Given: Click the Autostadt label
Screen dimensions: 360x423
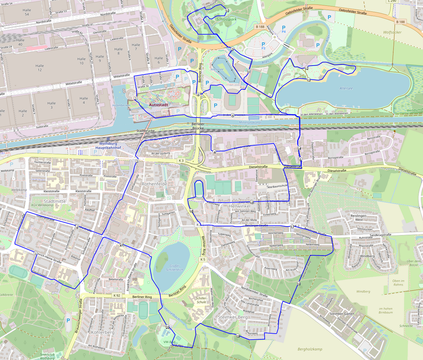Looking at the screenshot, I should (x=158, y=105).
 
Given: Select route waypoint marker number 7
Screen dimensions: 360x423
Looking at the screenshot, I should (x=136, y=98).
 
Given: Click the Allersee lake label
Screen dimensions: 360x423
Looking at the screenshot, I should (x=346, y=88).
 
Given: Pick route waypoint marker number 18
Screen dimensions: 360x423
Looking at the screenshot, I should (x=299, y=284).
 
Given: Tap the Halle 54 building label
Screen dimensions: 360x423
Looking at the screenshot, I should (x=26, y=12).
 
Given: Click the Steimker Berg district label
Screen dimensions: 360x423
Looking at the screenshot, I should (x=232, y=317).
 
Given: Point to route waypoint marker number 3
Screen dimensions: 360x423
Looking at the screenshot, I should (x=137, y=161).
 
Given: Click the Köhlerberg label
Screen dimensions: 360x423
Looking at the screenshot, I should (x=102, y=332).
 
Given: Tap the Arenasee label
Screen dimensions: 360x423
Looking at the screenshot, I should (x=217, y=69).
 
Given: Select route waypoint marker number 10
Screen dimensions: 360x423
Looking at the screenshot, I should (x=227, y=11).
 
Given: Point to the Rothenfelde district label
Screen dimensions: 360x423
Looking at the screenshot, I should (x=154, y=184).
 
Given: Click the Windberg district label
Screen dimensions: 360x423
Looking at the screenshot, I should (x=367, y=256).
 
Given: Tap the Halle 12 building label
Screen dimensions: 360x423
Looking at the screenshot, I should (x=39, y=68).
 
